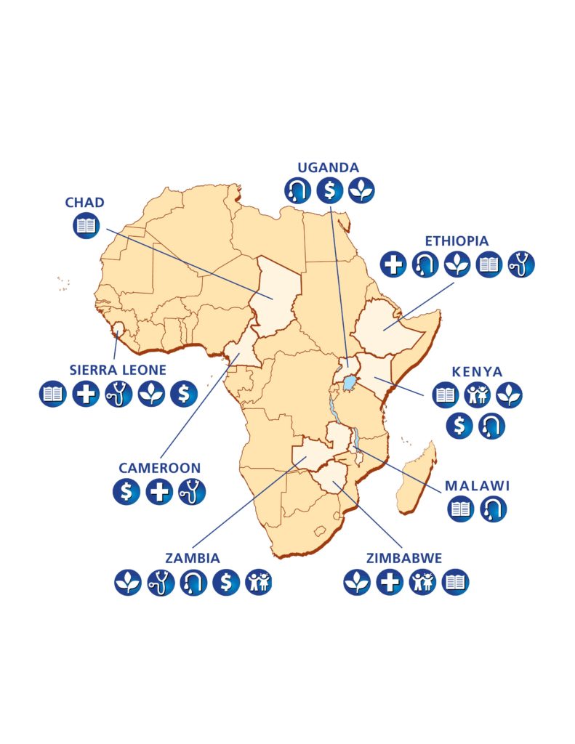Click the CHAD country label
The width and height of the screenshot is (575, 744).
coord(85,202)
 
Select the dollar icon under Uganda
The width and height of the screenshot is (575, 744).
coord(329,190)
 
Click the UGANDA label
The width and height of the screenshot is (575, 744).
coord(329,167)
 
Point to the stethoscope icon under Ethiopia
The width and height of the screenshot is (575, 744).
coord(520,264)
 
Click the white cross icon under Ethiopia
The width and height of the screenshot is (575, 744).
coord(393,264)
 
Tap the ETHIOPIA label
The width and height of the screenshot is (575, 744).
coord(457,240)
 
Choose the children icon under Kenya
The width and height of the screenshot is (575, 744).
coord(477,395)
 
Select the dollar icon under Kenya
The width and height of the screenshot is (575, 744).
coord(459,426)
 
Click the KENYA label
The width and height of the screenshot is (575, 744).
coord(477,371)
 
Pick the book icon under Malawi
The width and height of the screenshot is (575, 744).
coord(460,509)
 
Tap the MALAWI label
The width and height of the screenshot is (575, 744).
coord(477,485)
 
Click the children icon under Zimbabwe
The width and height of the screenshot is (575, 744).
coord(422,582)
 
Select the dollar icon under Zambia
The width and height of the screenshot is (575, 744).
coord(226,582)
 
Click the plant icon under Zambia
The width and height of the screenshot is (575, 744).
coord(128,582)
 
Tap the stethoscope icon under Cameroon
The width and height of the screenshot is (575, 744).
coord(192,492)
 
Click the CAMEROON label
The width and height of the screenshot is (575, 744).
coord(159,468)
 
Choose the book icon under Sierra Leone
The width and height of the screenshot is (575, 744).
coord(53,394)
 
